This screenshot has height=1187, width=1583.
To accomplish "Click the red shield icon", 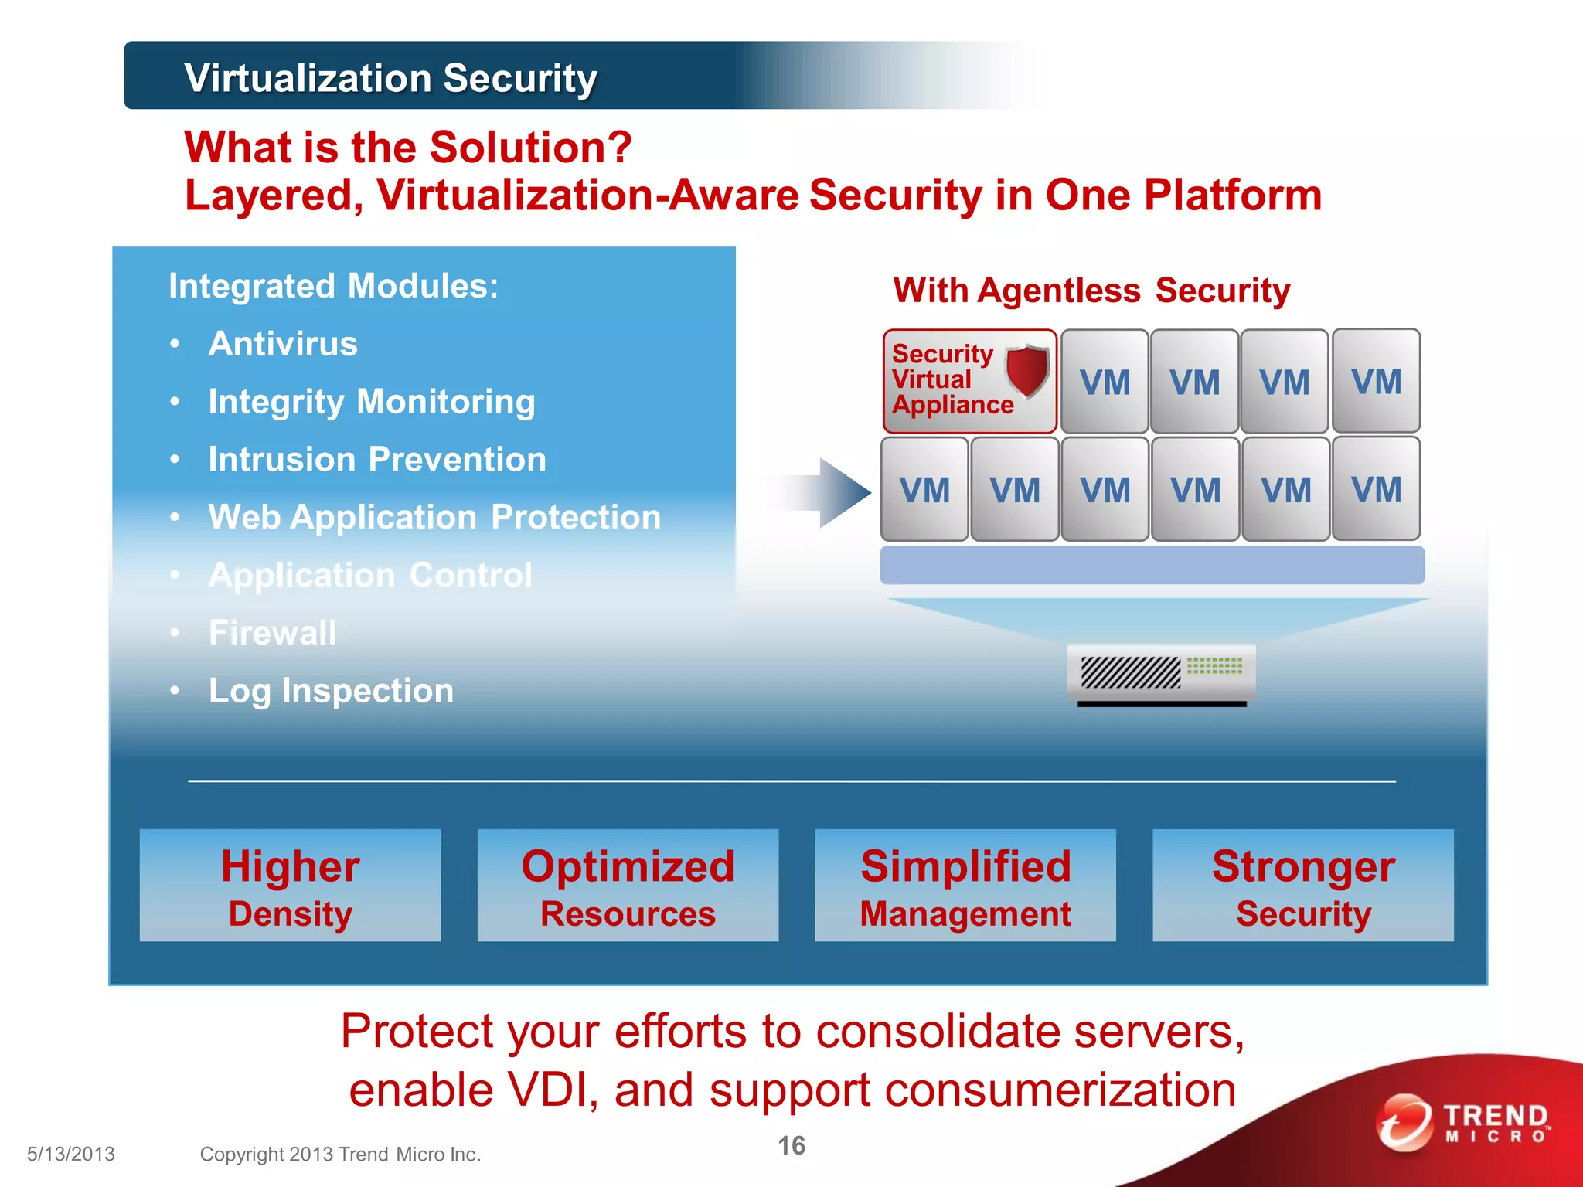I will coord(1027,370).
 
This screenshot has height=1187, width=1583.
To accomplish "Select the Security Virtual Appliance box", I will coord(969,381).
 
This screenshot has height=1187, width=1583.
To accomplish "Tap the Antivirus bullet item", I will coord(283,344).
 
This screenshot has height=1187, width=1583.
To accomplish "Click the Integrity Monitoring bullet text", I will coord(371,402).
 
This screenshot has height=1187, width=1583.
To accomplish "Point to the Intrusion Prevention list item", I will coord(377,460).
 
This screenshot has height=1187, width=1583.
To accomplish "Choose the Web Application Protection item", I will coord(434,517).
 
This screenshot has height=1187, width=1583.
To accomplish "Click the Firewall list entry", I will coord(273,633).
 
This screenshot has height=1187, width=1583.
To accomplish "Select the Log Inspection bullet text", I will coord(331,691).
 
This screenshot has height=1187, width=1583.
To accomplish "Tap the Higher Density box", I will coord(290,886).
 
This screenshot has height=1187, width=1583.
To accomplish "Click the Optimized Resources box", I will coord(628,886).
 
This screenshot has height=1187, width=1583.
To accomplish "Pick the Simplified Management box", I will coord(965,886).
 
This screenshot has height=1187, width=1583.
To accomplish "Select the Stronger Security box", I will coord(1303,886).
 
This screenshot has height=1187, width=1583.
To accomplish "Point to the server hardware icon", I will coord(1161,675).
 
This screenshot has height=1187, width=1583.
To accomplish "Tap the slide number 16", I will coord(791,1145).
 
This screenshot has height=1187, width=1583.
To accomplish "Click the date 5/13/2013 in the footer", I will coord(71,1154).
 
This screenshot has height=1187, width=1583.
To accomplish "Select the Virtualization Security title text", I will coord(391,78).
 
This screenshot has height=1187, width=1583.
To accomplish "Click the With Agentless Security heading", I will coord(1091,291).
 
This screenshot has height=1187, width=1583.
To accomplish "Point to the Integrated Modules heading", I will coord(334,286).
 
